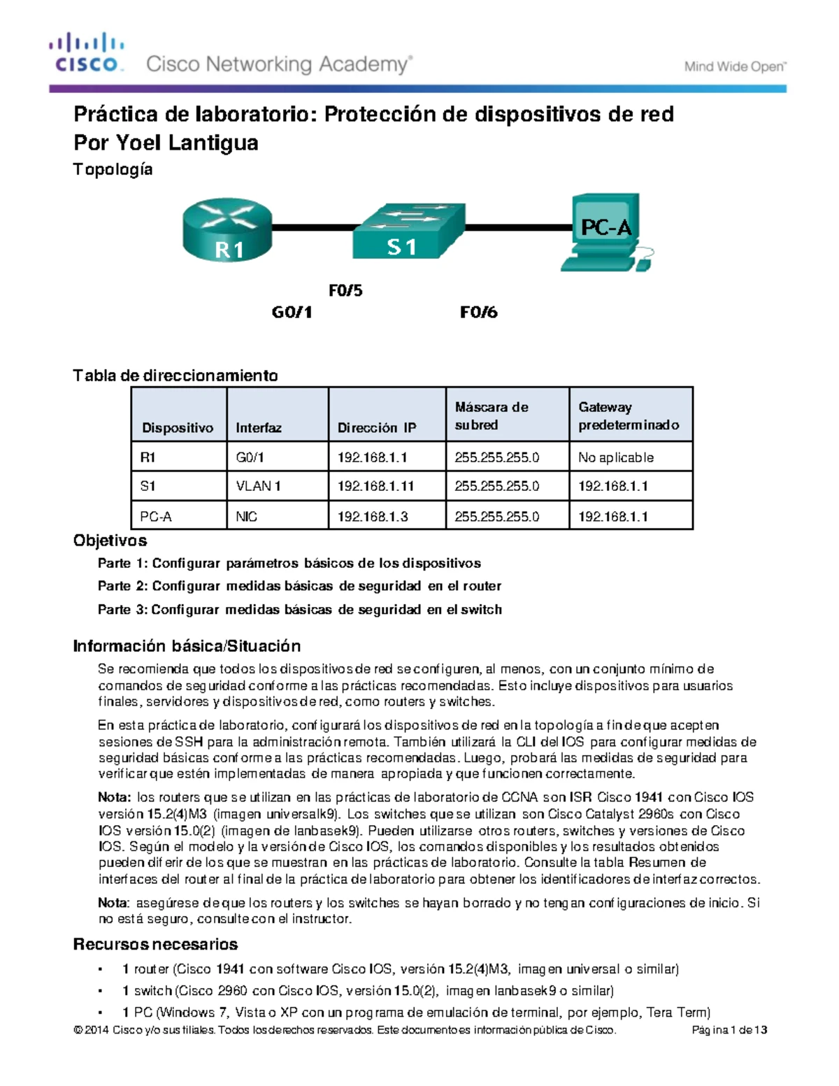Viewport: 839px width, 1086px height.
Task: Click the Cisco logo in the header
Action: (86, 53)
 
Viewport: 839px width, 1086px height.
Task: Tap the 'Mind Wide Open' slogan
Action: (735, 67)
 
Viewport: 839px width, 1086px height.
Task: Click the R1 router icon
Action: (227, 229)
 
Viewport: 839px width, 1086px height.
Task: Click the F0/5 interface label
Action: (345, 290)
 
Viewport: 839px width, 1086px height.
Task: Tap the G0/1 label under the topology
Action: (292, 312)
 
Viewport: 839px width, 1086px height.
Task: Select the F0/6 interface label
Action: (479, 312)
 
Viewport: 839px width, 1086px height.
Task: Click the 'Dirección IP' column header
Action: (376, 427)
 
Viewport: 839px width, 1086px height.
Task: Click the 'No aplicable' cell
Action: (616, 457)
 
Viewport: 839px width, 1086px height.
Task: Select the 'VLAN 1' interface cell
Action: (258, 486)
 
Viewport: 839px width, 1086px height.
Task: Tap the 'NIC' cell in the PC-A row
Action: (246, 517)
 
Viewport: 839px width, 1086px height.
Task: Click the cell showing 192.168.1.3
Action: (373, 517)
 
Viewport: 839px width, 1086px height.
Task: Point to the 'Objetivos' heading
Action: (110, 541)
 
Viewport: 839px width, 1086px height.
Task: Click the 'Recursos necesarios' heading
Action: (155, 944)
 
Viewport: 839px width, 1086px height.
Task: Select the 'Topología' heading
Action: (113, 169)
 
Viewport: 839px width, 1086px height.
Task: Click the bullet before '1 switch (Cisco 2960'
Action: (102, 991)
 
